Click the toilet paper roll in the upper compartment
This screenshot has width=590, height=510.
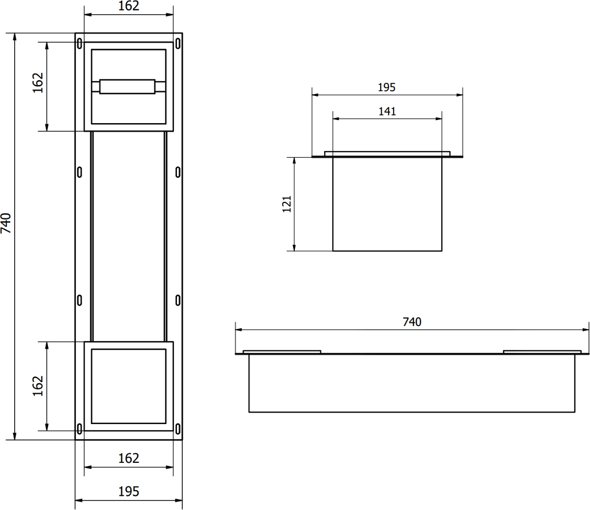(127, 86)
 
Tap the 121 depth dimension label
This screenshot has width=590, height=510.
(287, 204)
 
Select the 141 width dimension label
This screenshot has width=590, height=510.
(387, 112)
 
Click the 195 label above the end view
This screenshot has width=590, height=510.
(387, 88)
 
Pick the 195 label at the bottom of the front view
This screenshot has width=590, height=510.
(129, 492)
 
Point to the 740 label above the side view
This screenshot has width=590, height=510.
(412, 322)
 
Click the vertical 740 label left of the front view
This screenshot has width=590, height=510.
(6, 223)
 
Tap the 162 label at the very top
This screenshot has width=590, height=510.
(129, 6)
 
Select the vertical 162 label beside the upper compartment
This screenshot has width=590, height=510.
(38, 83)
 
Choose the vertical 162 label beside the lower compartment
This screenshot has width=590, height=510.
(38, 386)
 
